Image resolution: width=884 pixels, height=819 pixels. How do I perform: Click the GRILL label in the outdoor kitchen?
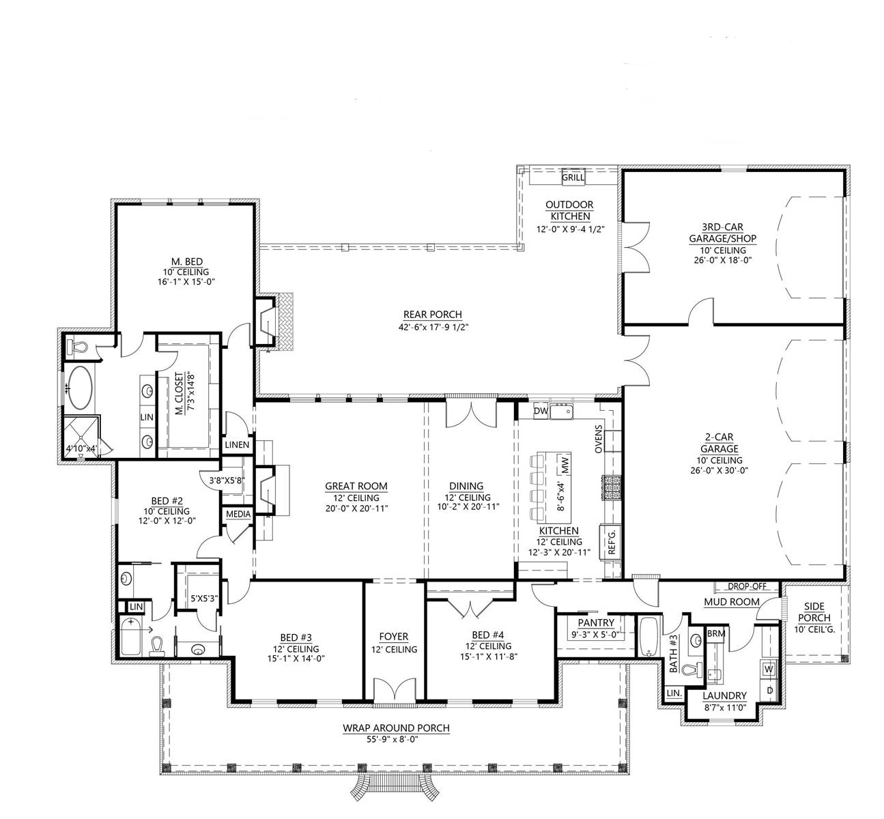(x=573, y=177)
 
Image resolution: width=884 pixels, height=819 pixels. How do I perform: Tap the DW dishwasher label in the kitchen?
(x=541, y=411)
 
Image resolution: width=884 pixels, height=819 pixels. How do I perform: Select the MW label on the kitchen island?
(x=565, y=465)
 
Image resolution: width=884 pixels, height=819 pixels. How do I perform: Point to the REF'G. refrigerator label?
(x=611, y=541)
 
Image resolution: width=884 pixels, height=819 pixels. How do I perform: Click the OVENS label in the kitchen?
(x=598, y=439)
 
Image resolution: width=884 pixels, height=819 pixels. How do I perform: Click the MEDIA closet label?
(x=238, y=514)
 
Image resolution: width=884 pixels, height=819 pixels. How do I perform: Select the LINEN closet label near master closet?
(x=237, y=445)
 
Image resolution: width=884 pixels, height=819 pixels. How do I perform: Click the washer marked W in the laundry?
(x=769, y=669)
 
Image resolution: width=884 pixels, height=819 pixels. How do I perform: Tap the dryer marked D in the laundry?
(x=769, y=691)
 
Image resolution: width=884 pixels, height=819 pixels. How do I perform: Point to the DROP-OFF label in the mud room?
(x=747, y=587)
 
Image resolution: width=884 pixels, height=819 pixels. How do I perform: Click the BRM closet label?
(x=716, y=633)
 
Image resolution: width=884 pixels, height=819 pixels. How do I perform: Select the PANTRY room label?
(x=596, y=622)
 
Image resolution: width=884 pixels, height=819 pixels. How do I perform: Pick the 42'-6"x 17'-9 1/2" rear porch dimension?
(x=433, y=327)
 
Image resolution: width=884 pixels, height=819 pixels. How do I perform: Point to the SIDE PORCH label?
(x=814, y=612)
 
